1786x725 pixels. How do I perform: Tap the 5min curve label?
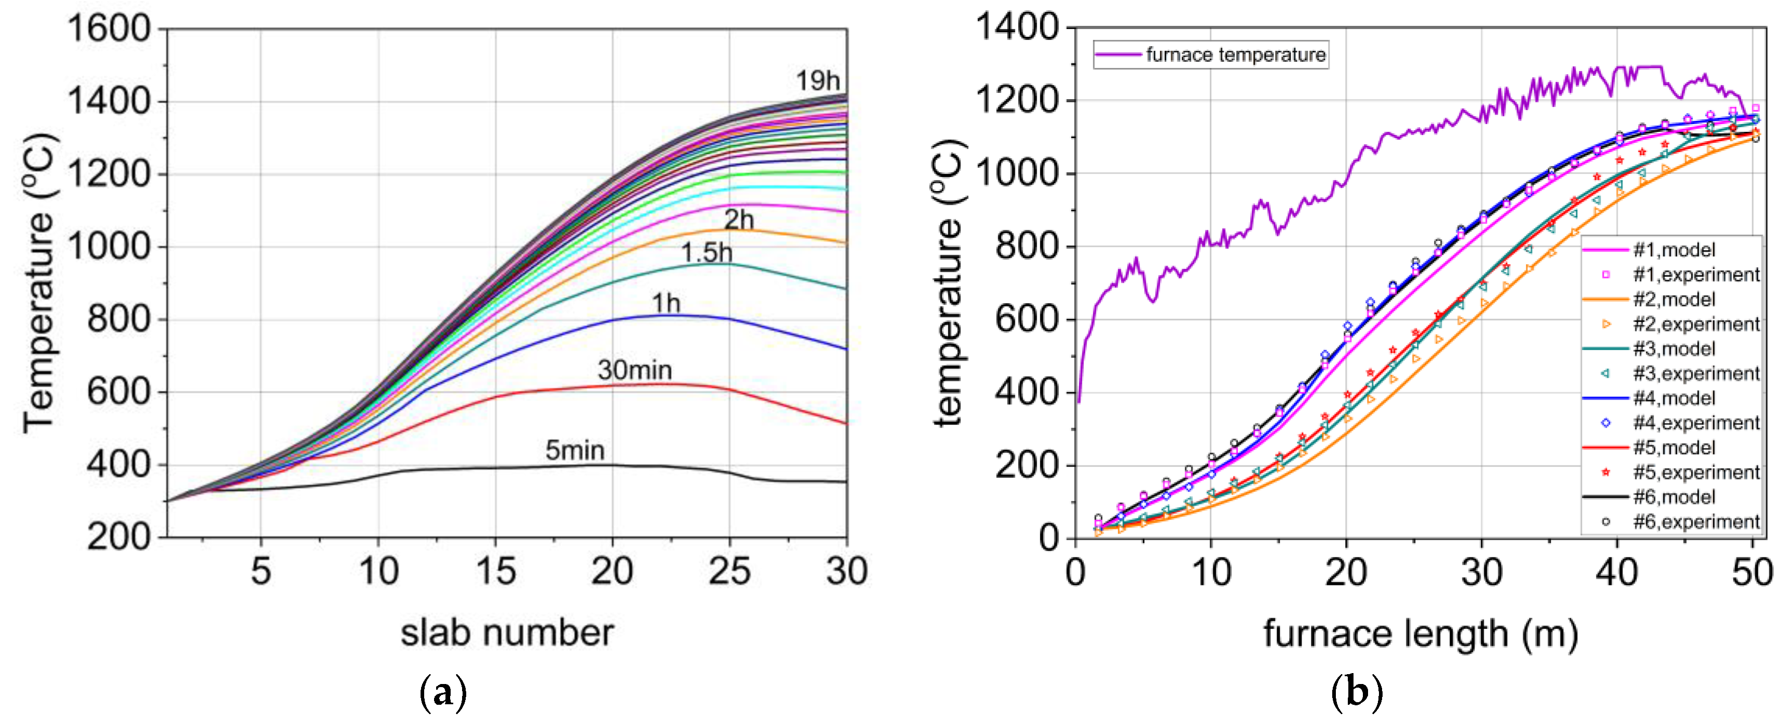point(574,450)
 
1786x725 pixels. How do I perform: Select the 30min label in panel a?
point(634,370)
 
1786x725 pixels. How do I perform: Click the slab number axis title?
point(507,633)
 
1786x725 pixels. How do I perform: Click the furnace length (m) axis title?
point(1420,634)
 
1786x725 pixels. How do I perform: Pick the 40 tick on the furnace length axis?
point(1617,572)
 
